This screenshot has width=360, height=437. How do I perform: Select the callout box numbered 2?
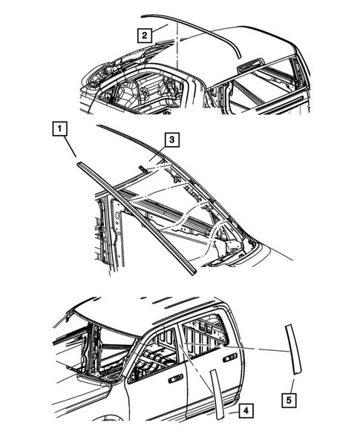tap(145, 33)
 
